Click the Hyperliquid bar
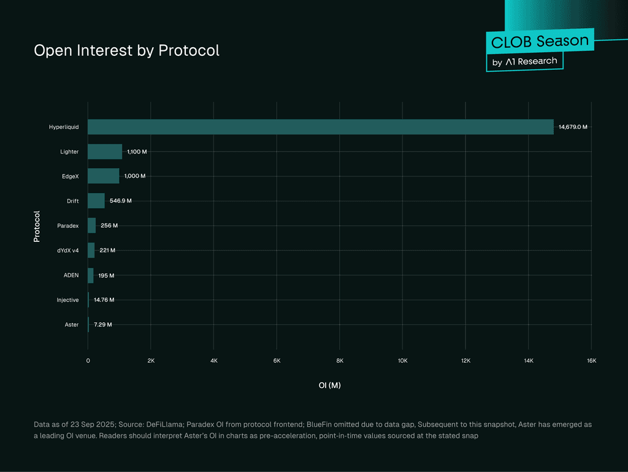tap(321, 126)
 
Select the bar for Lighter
tap(105, 152)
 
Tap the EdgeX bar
tap(103, 176)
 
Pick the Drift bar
tap(96, 201)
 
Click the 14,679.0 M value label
tap(573, 126)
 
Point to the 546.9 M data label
tap(121, 201)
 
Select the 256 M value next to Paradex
tap(109, 226)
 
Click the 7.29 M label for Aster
tap(103, 325)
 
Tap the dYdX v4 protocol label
tap(67, 250)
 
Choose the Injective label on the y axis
tap(67, 300)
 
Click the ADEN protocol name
tap(71, 275)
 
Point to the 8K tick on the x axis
tap(340, 361)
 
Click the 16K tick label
tap(592, 361)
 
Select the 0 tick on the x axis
tap(88, 361)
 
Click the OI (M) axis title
tap(329, 385)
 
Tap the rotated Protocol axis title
tap(37, 226)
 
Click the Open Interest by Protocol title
tap(126, 50)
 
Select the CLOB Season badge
tap(540, 41)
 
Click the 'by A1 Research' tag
tap(525, 62)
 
